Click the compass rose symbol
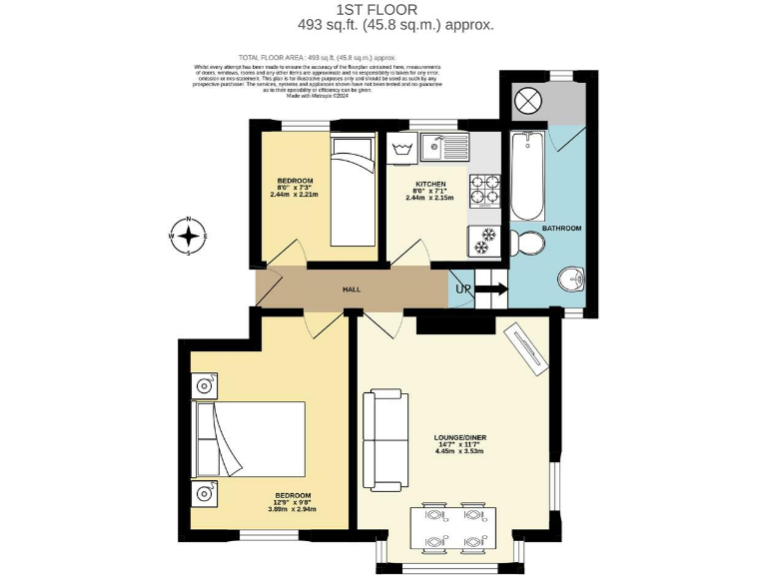[188, 236]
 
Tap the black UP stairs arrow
[491, 289]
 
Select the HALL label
[352, 289]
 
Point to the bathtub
[527, 177]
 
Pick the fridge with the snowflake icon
[484, 240]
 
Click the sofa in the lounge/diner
[384, 440]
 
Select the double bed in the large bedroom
[250, 439]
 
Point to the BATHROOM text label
[561, 229]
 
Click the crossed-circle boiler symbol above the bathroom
[527, 102]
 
